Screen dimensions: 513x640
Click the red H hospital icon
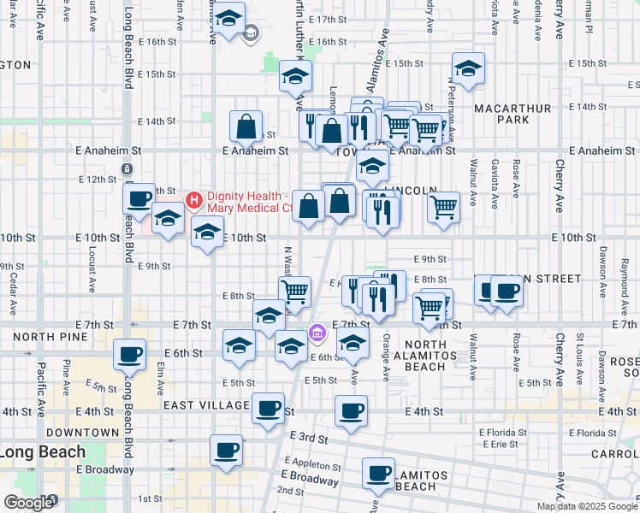click(x=193, y=201)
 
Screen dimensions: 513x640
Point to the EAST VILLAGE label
click(x=204, y=404)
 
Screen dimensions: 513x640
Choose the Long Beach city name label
click(x=43, y=451)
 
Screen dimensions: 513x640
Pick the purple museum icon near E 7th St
click(x=317, y=332)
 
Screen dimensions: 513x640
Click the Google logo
click(x=27, y=503)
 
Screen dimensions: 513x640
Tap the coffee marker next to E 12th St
click(x=139, y=198)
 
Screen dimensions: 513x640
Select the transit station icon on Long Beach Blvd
click(x=126, y=168)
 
